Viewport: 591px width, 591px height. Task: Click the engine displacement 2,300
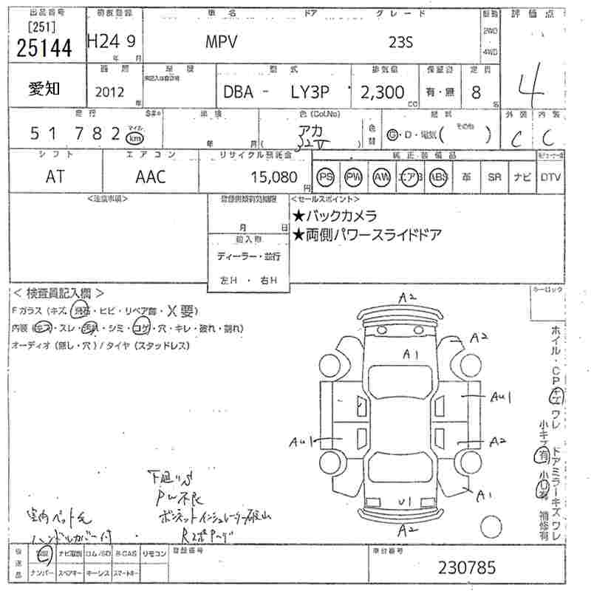[x=379, y=92]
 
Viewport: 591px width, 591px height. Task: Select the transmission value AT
[x=54, y=177]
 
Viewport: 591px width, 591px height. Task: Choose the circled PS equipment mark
[x=325, y=177]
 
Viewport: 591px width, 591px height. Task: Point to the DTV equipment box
[x=550, y=177]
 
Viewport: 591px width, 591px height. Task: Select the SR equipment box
[x=494, y=177]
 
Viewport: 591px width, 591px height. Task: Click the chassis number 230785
[x=468, y=567]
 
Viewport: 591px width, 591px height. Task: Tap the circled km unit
[x=134, y=138]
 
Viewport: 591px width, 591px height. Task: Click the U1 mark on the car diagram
[x=404, y=502]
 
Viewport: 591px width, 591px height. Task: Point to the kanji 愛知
[x=45, y=89]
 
